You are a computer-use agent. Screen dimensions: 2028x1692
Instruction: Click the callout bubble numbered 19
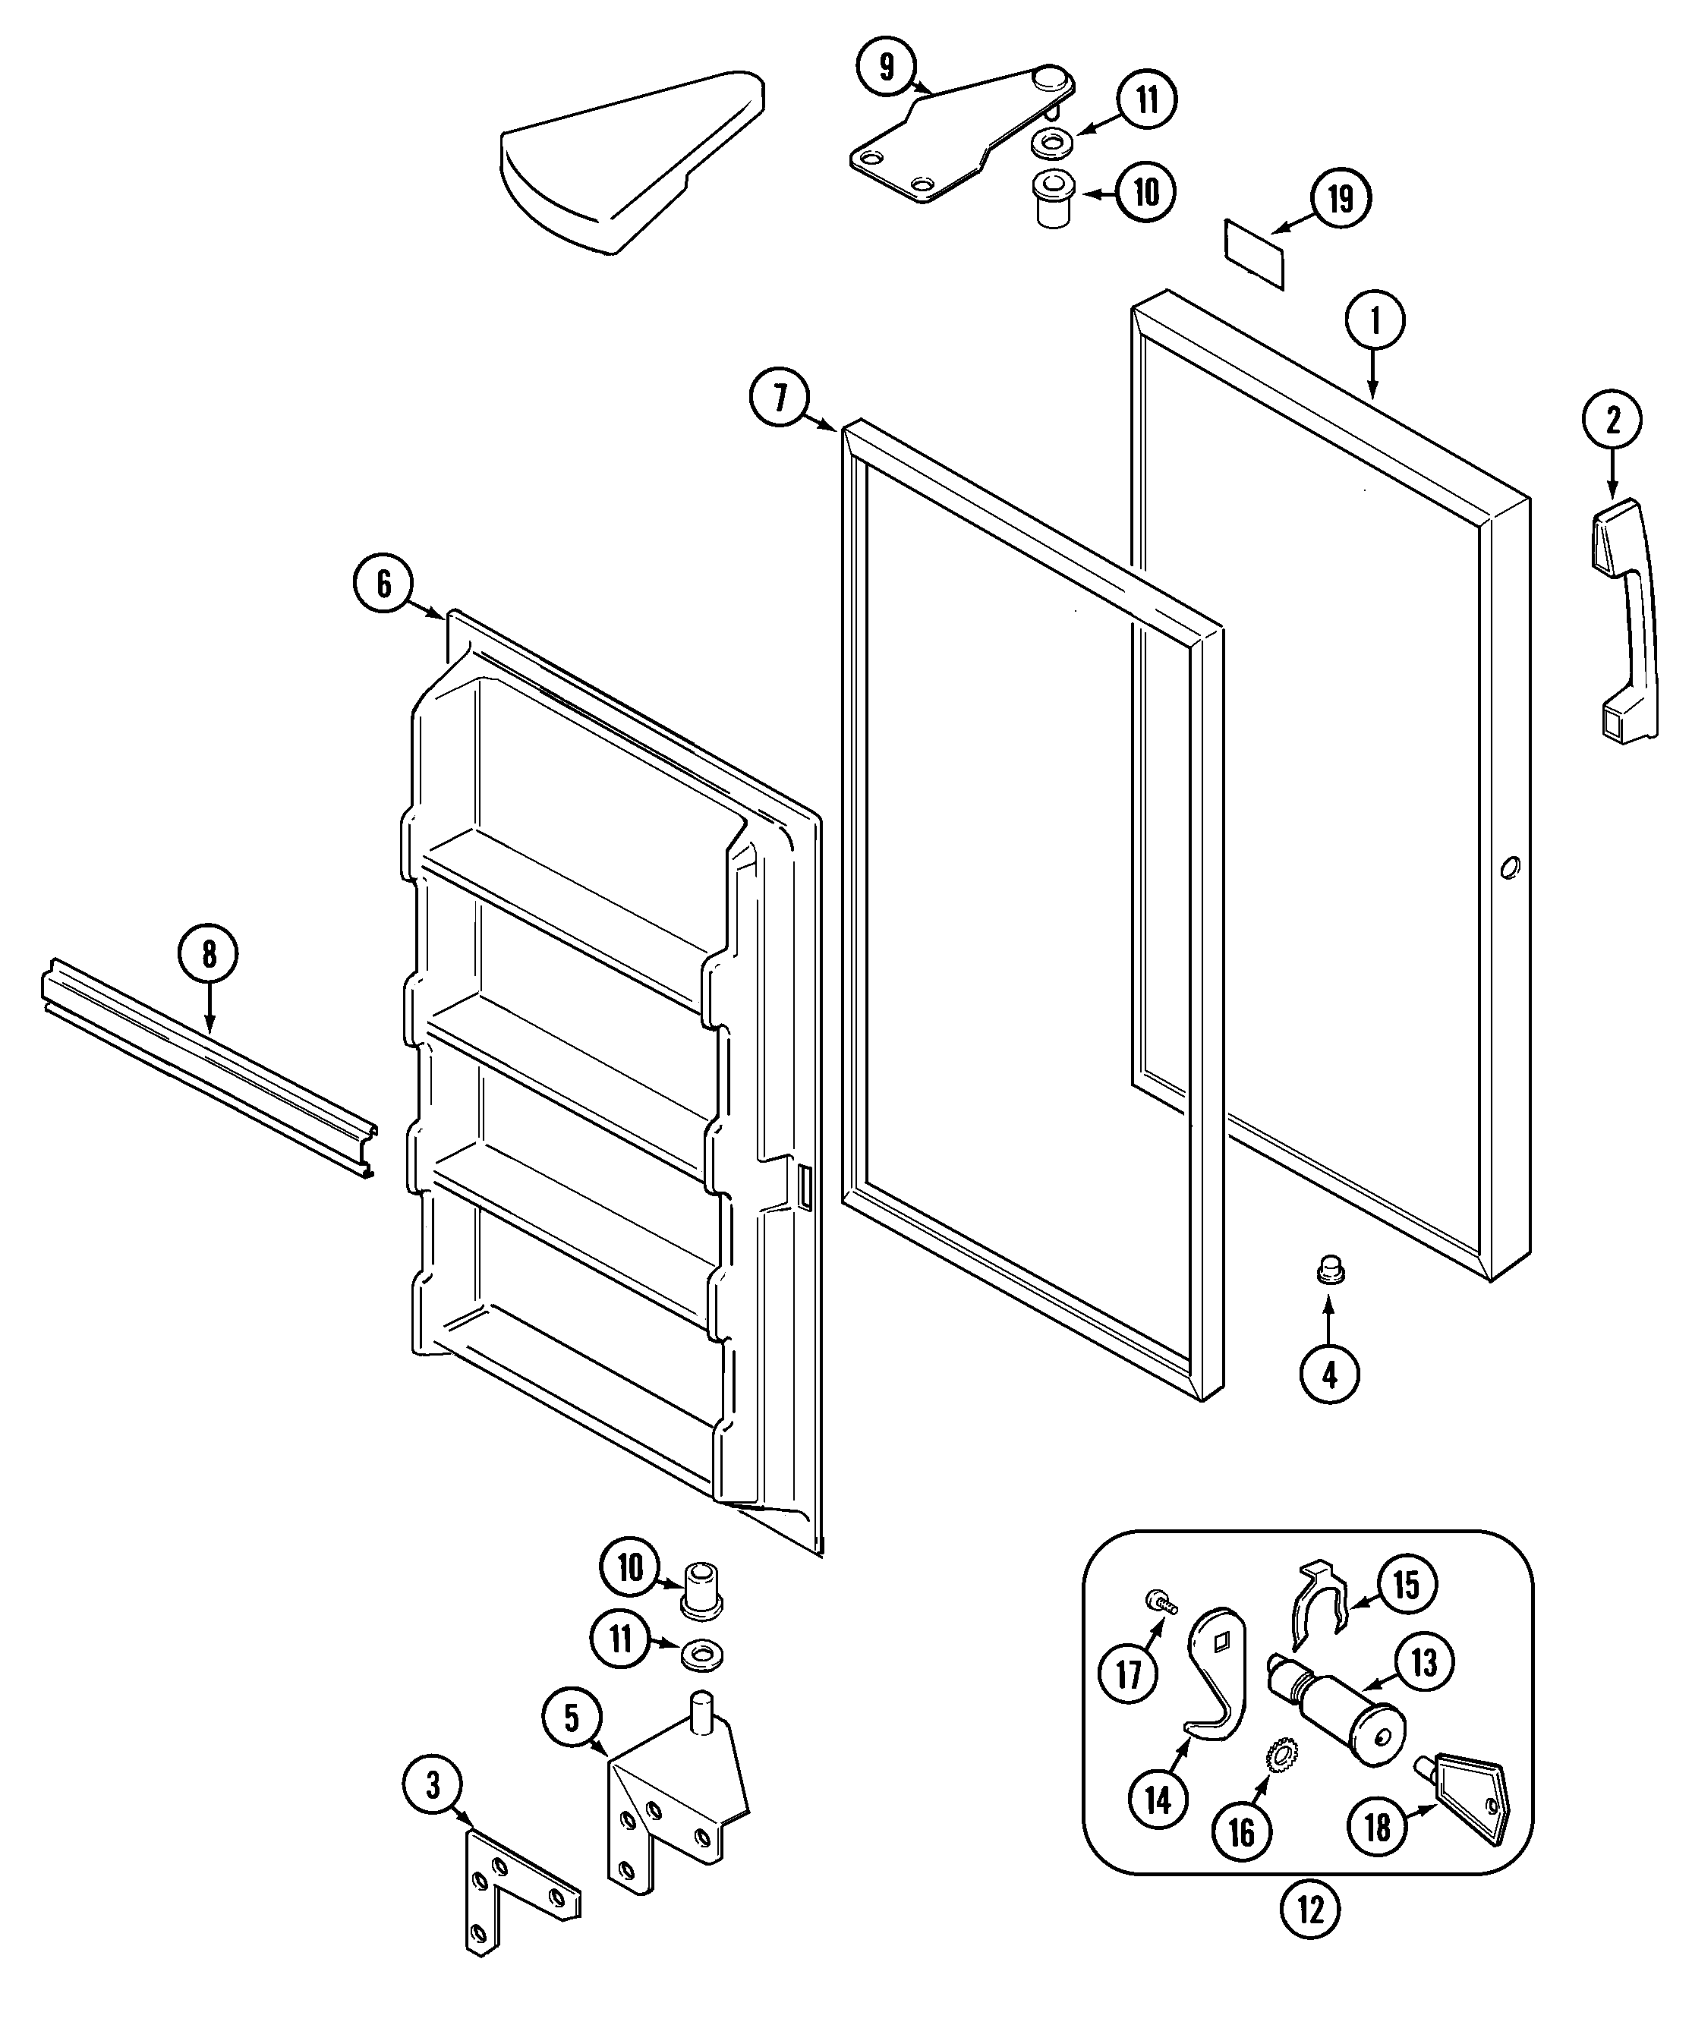click(x=1340, y=199)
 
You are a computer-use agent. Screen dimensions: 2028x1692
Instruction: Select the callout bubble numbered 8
click(x=208, y=954)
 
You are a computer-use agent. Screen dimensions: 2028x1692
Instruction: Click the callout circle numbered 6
click(x=383, y=584)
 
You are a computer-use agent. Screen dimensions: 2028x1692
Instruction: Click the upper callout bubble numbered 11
click(x=1146, y=99)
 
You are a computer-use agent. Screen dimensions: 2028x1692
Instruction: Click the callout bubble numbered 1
click(x=1375, y=320)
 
